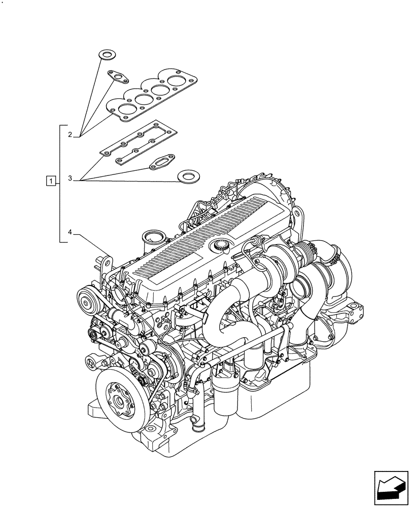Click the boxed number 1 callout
pyautogui.click(x=50, y=179)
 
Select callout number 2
pyautogui.click(x=70, y=134)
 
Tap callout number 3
pyautogui.click(x=70, y=179)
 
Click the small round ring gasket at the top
pyautogui.click(x=106, y=54)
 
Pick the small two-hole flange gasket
pyautogui.click(x=117, y=77)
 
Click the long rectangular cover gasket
pyautogui.click(x=138, y=144)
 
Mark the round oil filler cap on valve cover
pyautogui.click(x=221, y=246)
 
